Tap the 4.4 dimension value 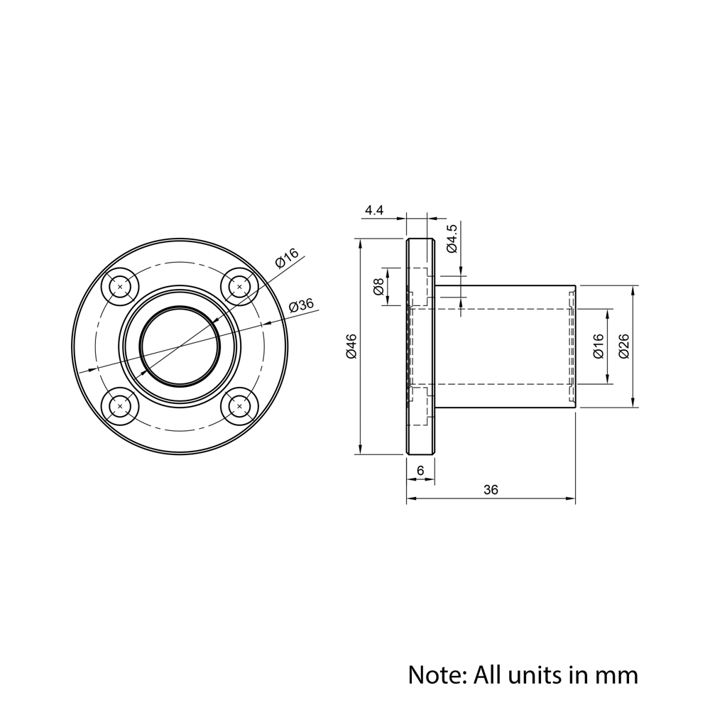click(x=374, y=210)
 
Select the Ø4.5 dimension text click(x=452, y=238)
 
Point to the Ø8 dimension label click(x=378, y=286)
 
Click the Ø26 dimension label click(x=624, y=346)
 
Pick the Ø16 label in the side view click(x=599, y=346)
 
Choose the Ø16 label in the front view click(x=287, y=258)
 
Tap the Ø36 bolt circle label click(x=301, y=305)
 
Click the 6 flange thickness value click(x=420, y=471)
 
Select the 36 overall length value click(x=491, y=489)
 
